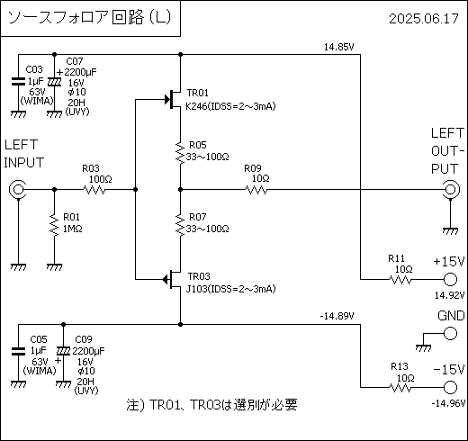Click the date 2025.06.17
[424, 19]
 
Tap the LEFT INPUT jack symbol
[17, 189]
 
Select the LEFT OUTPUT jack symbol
[451, 189]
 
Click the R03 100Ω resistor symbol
[94, 190]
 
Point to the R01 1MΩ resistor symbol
[54, 225]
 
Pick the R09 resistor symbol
[256, 190]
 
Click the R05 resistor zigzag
[180, 153]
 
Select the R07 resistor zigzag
[180, 225]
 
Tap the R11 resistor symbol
[400, 280]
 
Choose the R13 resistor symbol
[400, 388]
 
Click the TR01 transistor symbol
[174, 99]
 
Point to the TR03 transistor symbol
[172, 280]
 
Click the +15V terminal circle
[450, 280]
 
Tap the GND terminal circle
[450, 333]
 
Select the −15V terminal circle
[450, 387]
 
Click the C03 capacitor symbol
[18, 82]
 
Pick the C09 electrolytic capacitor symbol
[63, 351]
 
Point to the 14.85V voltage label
[338, 47]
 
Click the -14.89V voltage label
[337, 316]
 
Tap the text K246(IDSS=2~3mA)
[230, 106]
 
